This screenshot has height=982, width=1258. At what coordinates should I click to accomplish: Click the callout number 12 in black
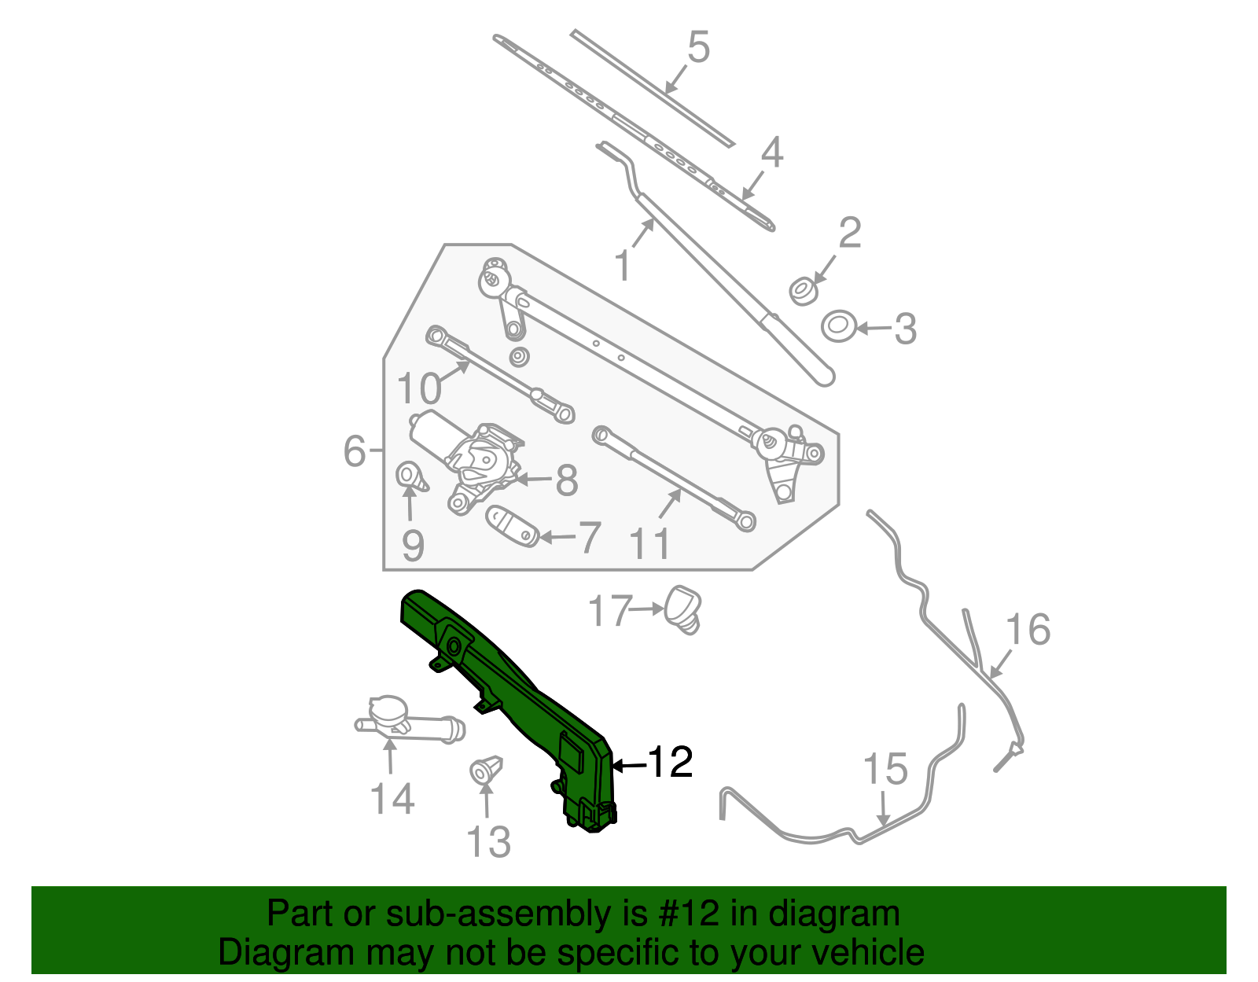(670, 762)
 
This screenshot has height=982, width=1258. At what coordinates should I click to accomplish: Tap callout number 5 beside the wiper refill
(698, 47)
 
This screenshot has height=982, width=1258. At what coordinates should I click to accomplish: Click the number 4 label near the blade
(771, 153)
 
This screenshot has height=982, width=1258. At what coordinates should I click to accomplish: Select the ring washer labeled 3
(839, 325)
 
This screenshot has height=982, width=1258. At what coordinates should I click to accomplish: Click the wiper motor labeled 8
(472, 460)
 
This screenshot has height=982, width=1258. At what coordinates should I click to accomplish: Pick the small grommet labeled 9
(410, 476)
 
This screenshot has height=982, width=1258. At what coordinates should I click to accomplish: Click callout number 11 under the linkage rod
(651, 543)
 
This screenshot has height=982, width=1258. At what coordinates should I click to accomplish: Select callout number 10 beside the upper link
(418, 388)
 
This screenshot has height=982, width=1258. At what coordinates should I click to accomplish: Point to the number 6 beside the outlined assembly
(355, 451)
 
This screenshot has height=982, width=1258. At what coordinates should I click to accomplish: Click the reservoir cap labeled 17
(683, 608)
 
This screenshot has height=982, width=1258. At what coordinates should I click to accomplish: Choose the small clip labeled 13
(485, 770)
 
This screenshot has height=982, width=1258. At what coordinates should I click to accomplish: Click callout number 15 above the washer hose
(885, 769)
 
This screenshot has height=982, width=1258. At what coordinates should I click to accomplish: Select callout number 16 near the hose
(1028, 630)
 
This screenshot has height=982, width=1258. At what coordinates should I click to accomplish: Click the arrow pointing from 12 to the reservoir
(629, 765)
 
